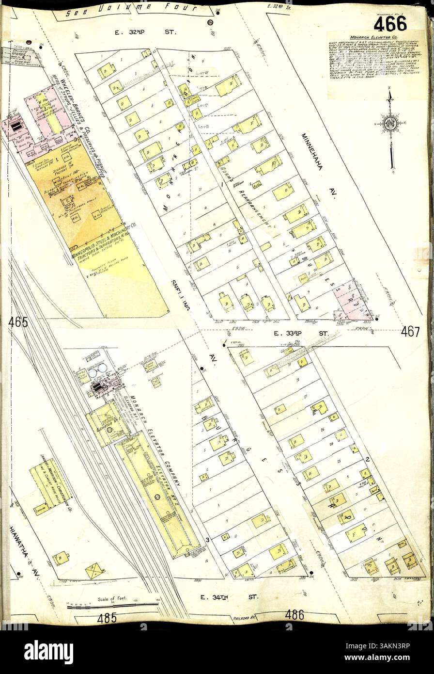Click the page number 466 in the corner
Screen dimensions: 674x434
(x=390, y=22)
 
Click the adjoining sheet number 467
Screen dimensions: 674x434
(x=410, y=332)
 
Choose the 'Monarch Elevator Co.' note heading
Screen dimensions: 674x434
(x=375, y=37)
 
